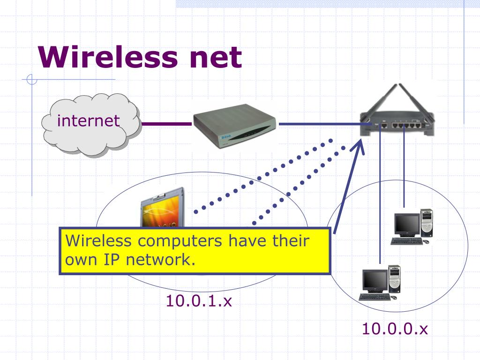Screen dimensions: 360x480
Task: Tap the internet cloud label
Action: coord(89,121)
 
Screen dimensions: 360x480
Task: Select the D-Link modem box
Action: coord(235,127)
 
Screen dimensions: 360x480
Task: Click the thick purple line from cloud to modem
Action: coord(166,124)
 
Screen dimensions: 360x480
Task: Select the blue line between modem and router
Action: coord(319,124)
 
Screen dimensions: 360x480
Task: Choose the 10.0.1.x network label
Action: coord(199,300)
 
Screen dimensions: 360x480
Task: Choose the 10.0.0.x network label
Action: coord(395,329)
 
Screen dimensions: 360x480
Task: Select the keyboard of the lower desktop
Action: coord(374,297)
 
